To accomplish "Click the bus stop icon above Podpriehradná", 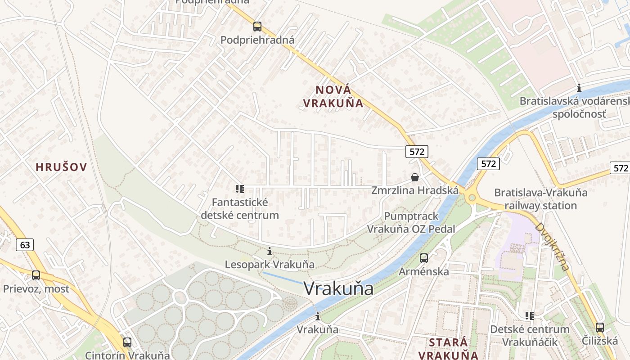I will tap(257, 27).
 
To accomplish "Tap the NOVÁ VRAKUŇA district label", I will tap(333, 96).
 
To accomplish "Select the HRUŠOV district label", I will tap(61, 167).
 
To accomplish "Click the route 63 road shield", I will tap(25, 245).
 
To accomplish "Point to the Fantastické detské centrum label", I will tap(240, 209).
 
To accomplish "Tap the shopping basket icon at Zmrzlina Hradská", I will tap(414, 177).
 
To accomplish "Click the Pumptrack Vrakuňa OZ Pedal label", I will tap(411, 222).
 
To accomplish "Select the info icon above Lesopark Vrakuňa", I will tap(270, 251).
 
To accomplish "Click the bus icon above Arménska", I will tap(423, 258).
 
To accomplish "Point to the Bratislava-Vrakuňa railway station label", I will tap(541, 199).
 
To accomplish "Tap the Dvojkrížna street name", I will tap(552, 247).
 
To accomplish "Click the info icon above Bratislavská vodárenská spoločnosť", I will tap(579, 88).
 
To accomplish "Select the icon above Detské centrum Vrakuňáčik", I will tap(530, 316).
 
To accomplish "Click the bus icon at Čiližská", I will tap(599, 328).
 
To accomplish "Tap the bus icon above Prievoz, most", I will tap(36, 275).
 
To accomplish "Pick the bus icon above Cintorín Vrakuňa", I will tap(127, 342).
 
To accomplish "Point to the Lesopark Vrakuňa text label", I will tap(270, 264).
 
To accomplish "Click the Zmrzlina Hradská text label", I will tap(415, 190).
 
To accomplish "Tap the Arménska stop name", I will tap(423, 271).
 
